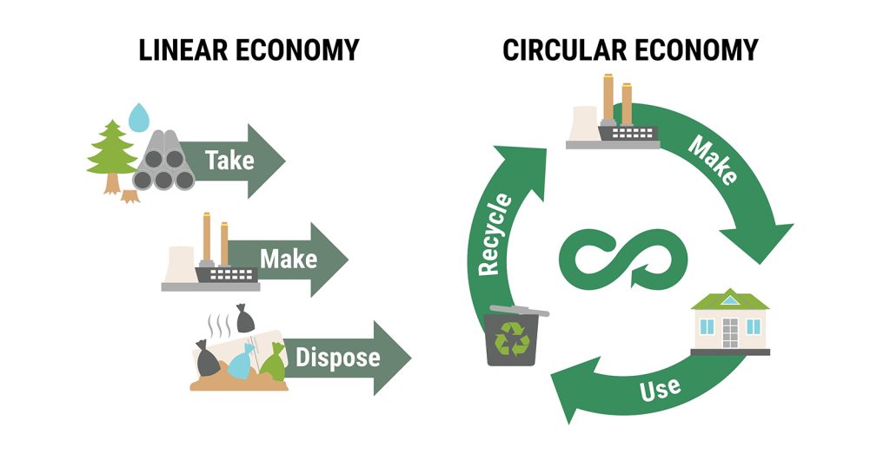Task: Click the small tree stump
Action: point(130,196)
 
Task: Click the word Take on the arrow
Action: point(229,160)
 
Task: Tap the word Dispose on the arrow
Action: point(337,357)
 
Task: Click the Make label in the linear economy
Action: point(289,259)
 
